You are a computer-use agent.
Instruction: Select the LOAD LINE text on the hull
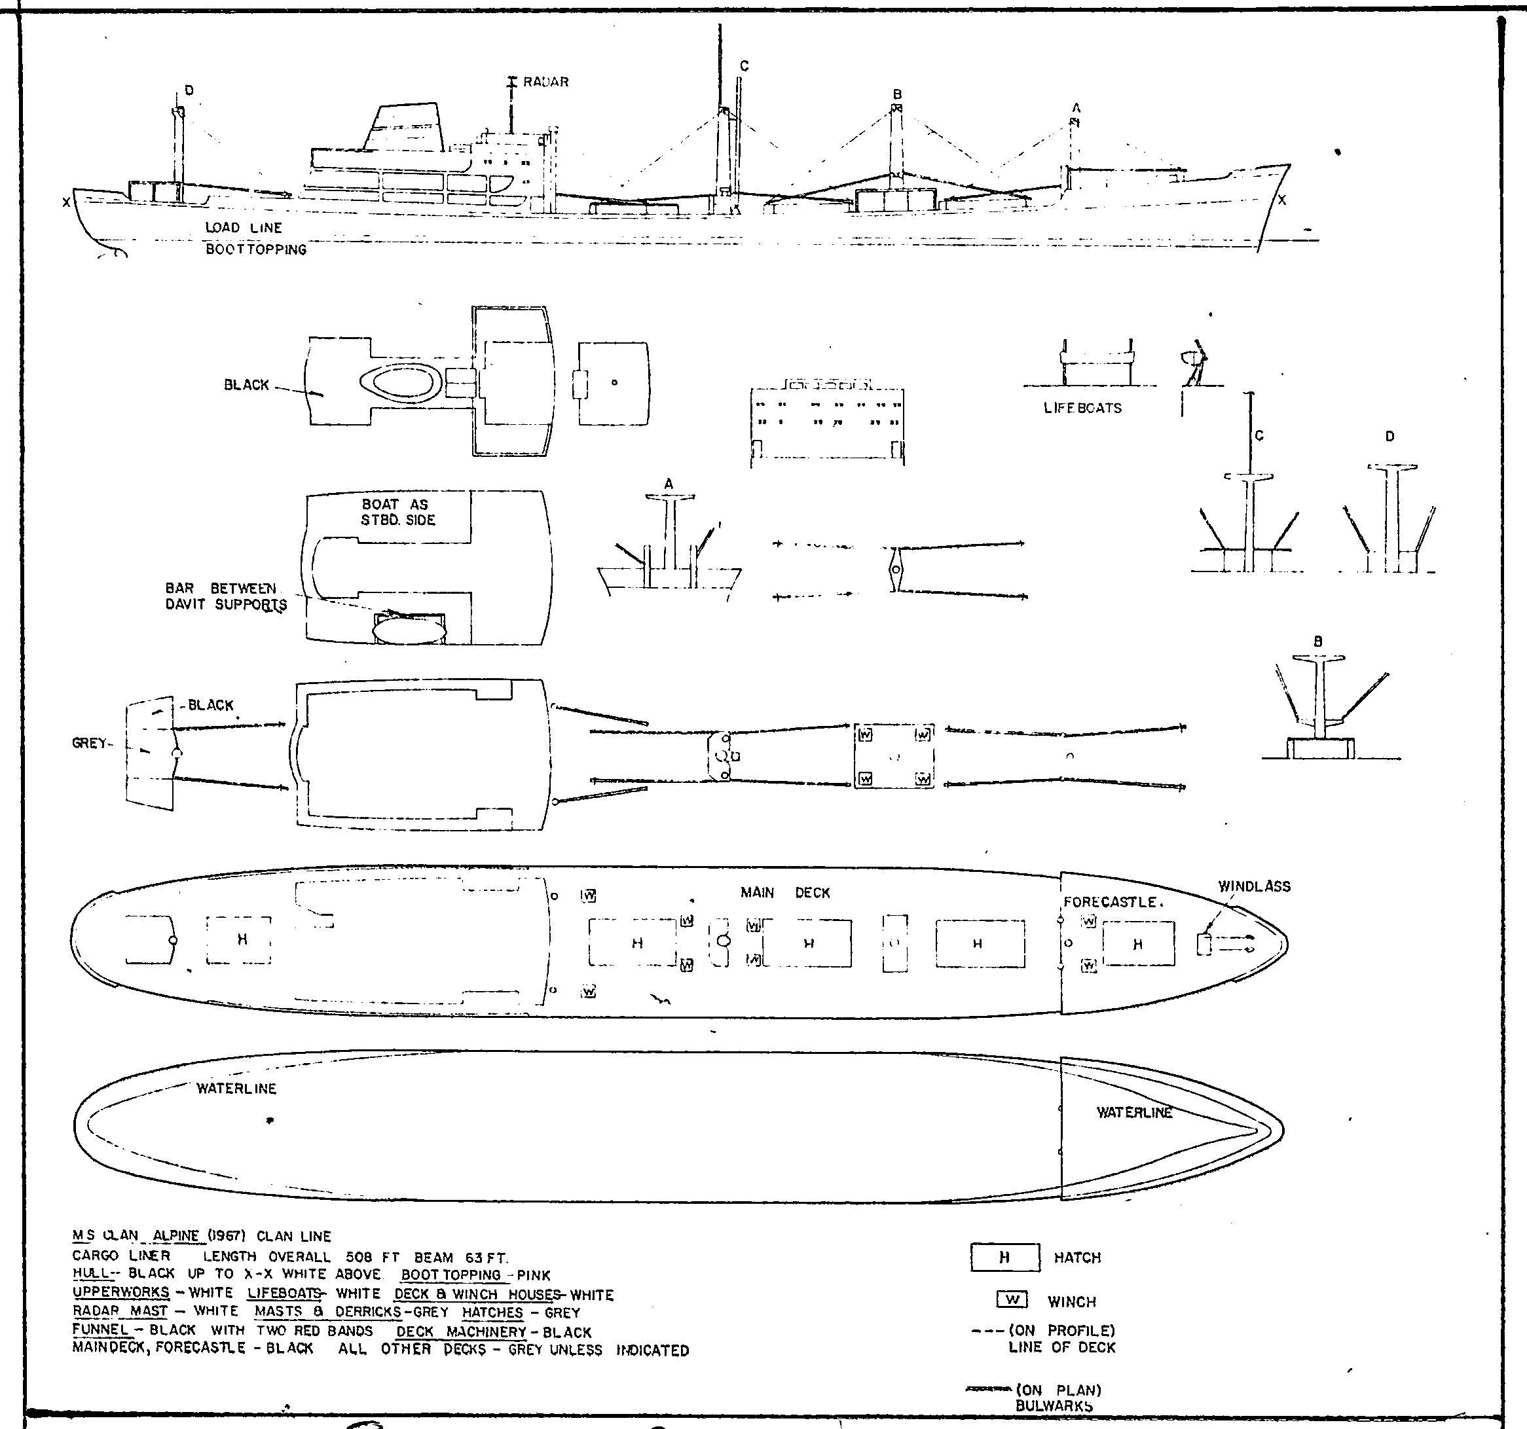[244, 228]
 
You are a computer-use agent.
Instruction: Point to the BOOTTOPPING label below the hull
[256, 249]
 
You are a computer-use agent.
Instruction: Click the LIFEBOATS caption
[1082, 408]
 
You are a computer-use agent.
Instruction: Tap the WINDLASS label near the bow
[1255, 886]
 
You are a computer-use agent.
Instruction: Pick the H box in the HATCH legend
[1004, 1257]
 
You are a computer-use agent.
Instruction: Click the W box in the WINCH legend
[1012, 1299]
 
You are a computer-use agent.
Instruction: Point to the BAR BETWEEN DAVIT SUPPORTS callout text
[226, 596]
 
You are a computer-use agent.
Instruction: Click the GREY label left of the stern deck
[89, 742]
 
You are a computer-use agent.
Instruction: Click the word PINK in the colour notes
[533, 1275]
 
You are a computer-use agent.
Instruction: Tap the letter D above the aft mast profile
[189, 90]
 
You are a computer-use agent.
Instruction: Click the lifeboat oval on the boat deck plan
[409, 629]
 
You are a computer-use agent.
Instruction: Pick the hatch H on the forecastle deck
[1137, 944]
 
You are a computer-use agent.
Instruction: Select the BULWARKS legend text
[1054, 1406]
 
